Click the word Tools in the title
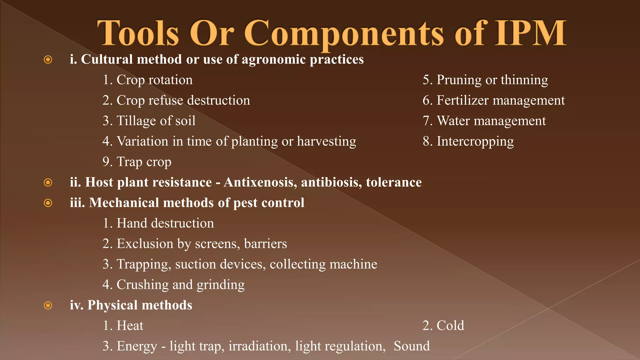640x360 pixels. (138, 33)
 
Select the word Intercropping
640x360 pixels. (475, 142)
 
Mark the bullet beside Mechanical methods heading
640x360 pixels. (48, 203)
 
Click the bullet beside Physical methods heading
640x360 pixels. (48, 305)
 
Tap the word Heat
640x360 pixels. (130, 326)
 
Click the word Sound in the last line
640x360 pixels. (412, 346)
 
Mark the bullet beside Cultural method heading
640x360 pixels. (48, 60)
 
